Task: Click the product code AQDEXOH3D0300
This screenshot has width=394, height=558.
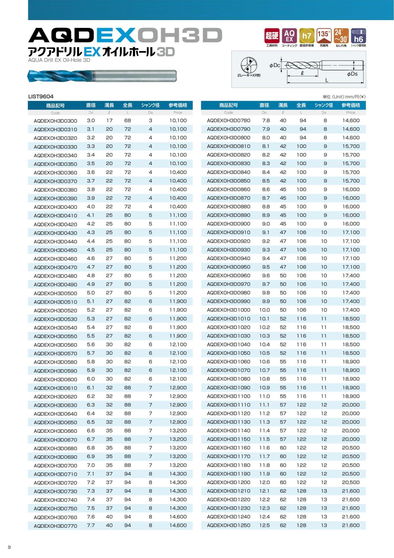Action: [x=55, y=121]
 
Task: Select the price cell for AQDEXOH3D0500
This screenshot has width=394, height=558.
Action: [x=178, y=293]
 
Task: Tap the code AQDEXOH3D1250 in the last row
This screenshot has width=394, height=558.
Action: [x=229, y=525]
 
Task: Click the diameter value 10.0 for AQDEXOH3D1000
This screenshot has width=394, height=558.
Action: [x=264, y=310]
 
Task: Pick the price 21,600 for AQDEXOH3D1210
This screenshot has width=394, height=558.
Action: [x=351, y=491]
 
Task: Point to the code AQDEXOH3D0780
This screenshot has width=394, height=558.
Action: [x=229, y=120]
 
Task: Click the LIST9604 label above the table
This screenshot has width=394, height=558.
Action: [x=41, y=96]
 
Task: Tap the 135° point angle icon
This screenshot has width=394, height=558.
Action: [x=324, y=36]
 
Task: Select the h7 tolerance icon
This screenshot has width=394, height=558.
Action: [x=307, y=36]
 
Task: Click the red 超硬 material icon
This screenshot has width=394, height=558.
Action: [x=272, y=36]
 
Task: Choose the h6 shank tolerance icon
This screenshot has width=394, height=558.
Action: [x=358, y=36]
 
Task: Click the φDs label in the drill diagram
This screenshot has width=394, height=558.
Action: [x=352, y=74]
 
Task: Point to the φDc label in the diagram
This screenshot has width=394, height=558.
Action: [x=274, y=65]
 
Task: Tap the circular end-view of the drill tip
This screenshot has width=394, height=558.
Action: [x=249, y=65]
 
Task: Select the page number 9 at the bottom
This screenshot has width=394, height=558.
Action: [x=9, y=547]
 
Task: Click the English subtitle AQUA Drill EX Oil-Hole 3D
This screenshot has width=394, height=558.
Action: [x=59, y=60]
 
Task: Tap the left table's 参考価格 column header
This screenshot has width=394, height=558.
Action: [x=178, y=105]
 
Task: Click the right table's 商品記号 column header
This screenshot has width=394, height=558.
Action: [x=229, y=105]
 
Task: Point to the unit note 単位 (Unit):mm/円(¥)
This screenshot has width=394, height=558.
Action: [x=344, y=97]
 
